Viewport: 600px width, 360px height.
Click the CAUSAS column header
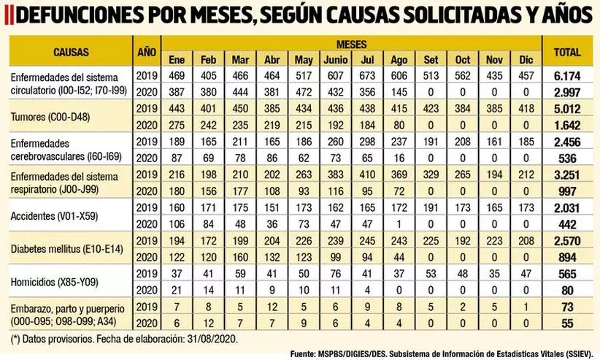(x=70, y=52)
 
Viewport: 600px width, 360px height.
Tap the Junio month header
(x=335, y=58)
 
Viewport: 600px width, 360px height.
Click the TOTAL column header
(x=567, y=52)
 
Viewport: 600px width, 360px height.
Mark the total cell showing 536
(x=567, y=158)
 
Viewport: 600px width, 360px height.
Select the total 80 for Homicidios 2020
(x=567, y=291)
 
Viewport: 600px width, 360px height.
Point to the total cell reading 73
(x=567, y=308)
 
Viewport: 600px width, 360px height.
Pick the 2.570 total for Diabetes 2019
(x=567, y=241)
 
